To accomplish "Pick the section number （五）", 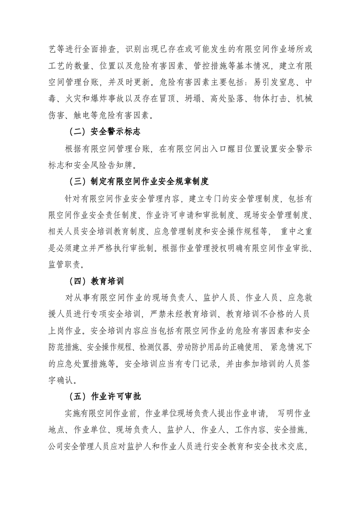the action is (x=77, y=396).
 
